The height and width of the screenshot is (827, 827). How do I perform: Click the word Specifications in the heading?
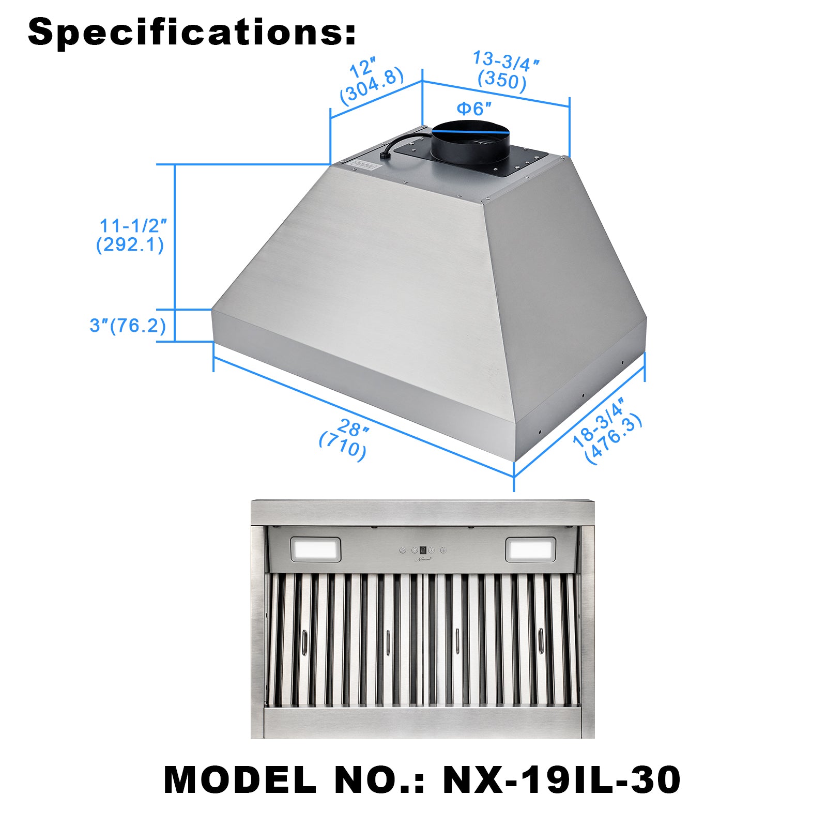point(186,32)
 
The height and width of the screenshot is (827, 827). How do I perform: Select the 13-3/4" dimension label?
point(506,61)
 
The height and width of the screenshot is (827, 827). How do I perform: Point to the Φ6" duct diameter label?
point(473,109)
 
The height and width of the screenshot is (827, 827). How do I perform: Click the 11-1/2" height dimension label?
point(133,226)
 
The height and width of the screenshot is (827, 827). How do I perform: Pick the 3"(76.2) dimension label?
point(128,326)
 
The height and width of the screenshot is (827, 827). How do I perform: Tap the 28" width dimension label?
point(354,428)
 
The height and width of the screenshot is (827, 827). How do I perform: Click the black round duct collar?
point(470,142)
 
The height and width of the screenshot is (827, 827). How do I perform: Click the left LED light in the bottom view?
point(315,549)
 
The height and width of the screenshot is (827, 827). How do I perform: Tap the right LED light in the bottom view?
point(530,549)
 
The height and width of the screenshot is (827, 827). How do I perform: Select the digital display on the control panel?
point(423,550)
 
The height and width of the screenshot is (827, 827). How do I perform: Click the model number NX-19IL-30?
point(562,779)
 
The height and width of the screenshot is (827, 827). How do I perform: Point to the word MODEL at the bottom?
point(240,779)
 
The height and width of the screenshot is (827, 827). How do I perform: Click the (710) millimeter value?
point(343,446)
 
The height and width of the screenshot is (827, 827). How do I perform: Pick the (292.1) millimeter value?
point(130,244)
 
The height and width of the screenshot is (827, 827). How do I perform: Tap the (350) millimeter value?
point(502,81)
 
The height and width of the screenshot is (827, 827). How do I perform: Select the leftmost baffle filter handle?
point(304,643)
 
